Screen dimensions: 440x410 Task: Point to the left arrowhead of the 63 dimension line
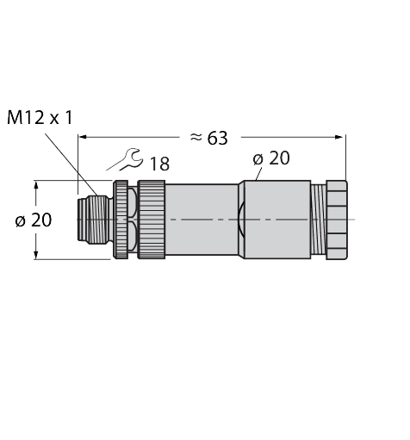pos(84,136)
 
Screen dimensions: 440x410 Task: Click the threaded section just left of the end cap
pos(315,220)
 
